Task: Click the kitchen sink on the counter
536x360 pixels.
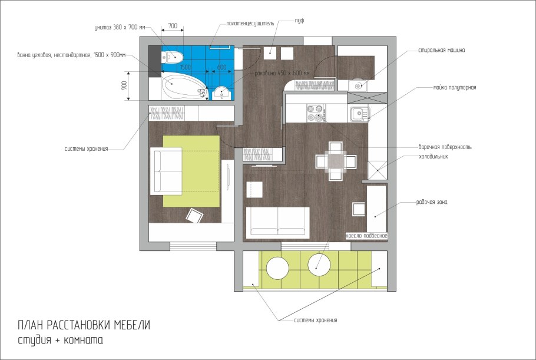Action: [358, 113]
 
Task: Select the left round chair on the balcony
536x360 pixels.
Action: [277, 269]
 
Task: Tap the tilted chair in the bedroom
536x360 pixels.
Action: [194, 216]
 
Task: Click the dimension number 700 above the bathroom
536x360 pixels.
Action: [173, 26]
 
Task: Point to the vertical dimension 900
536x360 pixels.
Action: [124, 86]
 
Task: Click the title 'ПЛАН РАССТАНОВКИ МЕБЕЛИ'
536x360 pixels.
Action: [84, 325]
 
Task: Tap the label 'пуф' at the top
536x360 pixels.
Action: [299, 21]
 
